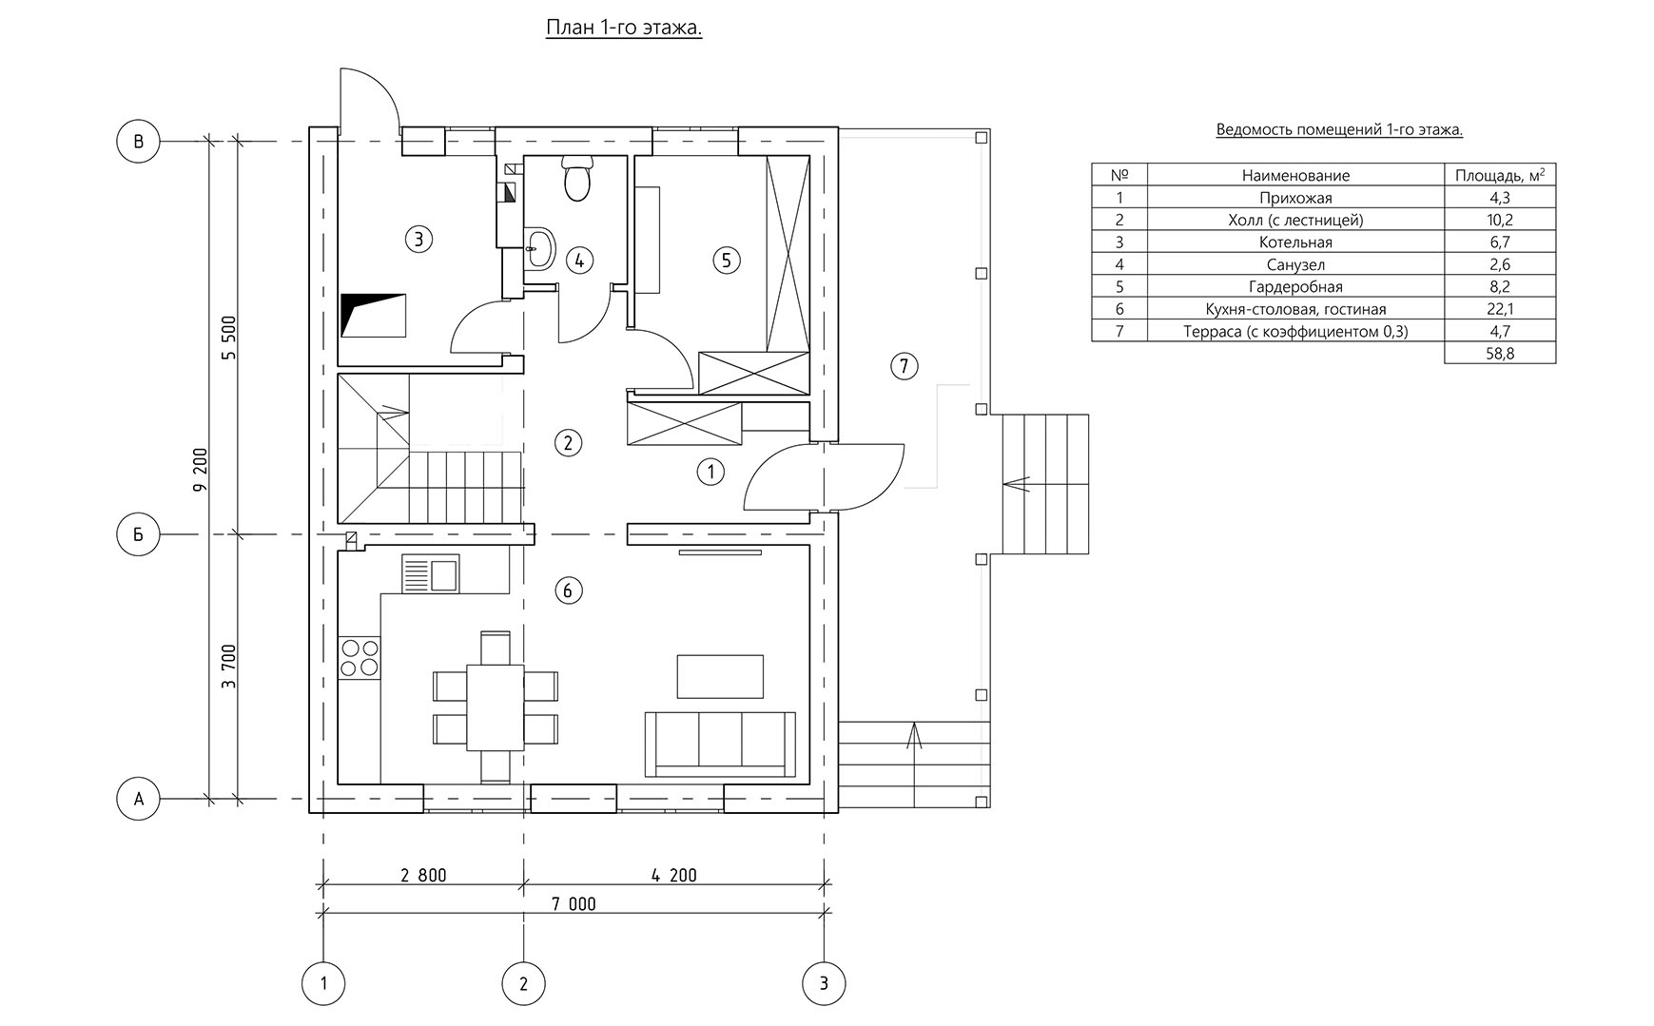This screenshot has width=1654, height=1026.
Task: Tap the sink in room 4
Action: click(539, 248)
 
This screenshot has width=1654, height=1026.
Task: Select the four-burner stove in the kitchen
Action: click(360, 658)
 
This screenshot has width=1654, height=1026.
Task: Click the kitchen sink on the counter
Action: click(431, 574)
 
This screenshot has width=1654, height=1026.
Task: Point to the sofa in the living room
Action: click(721, 745)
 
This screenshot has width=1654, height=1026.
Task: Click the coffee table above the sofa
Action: click(720, 676)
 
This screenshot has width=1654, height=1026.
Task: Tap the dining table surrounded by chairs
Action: click(495, 707)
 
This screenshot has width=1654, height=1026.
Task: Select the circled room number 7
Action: click(904, 366)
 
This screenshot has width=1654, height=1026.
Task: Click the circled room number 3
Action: click(418, 239)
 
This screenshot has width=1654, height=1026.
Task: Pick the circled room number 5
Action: click(726, 260)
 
